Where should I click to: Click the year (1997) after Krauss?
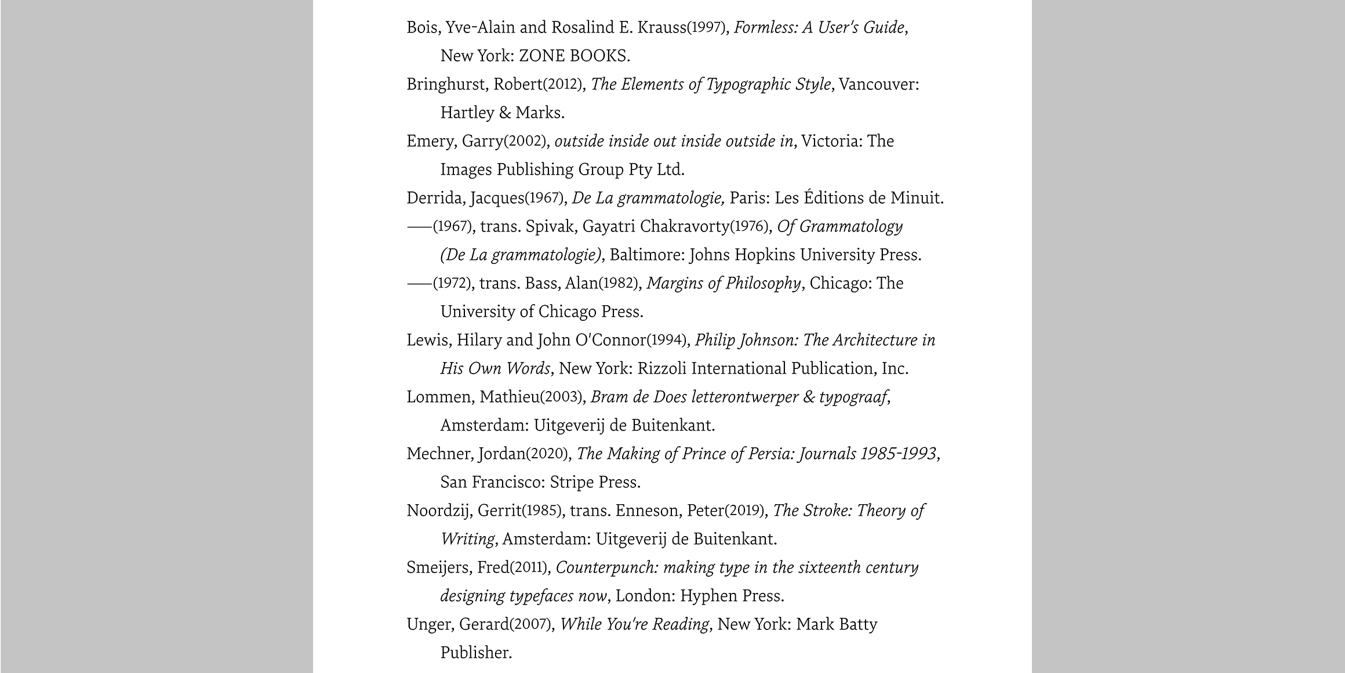click(707, 28)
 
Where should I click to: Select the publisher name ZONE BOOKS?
click(574, 56)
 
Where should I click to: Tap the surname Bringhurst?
click(445, 85)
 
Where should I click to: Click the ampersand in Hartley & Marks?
click(504, 113)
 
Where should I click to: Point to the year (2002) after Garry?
click(525, 142)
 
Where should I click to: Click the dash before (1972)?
click(419, 284)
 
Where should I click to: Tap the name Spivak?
click(550, 226)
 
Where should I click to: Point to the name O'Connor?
click(610, 340)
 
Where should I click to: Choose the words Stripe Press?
click(595, 482)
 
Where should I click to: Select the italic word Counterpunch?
click(606, 567)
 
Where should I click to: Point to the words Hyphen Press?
click(732, 596)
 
